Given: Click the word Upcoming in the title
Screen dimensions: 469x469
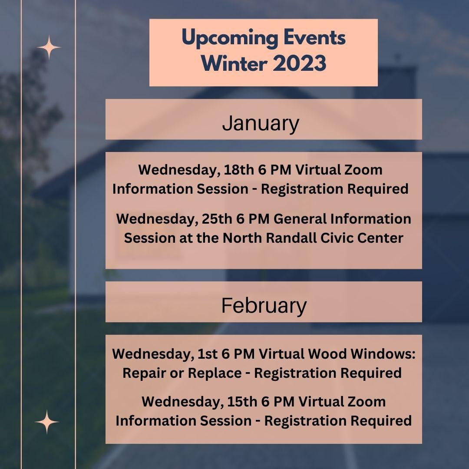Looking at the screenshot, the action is tap(229, 39).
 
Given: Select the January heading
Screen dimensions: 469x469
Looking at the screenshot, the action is tap(261, 123).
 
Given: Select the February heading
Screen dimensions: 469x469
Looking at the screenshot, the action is tap(264, 306).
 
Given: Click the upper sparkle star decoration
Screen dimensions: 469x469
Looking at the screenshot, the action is tap(49, 47).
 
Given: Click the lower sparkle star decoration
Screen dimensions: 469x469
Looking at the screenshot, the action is tap(46, 422).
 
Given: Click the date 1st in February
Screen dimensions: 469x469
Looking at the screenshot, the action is tap(208, 354).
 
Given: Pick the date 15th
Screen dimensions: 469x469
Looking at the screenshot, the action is tap(242, 401).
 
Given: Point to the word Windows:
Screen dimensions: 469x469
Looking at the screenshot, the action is tap(383, 354).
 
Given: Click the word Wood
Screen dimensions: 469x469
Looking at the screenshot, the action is tap(327, 354).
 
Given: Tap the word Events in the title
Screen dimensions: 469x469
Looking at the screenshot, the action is tap(314, 38).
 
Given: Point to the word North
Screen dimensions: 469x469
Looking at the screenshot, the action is tap(242, 238).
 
